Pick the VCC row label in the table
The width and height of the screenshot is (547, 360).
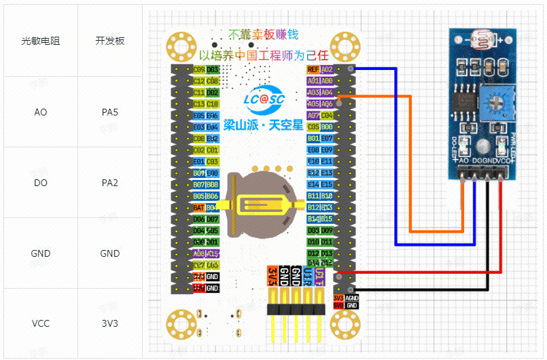(41, 324)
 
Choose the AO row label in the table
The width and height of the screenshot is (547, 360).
(41, 111)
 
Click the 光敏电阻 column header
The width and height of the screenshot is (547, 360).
(41, 41)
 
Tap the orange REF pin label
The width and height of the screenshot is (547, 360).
(313, 69)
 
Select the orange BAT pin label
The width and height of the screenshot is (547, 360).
(198, 207)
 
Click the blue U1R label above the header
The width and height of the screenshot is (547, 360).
(307, 275)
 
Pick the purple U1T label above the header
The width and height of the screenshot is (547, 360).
(319, 275)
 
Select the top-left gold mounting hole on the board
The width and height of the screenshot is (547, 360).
(181, 46)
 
